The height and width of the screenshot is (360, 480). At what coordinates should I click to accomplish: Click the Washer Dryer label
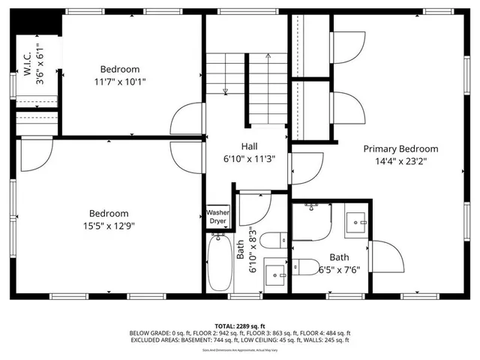click(217, 217)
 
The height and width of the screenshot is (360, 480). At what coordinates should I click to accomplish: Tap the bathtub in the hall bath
click(220, 262)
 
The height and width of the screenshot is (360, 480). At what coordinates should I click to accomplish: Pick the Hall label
click(250, 147)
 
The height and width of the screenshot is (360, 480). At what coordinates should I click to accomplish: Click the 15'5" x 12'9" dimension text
click(109, 225)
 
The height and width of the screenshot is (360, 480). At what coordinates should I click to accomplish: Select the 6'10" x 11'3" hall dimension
click(250, 159)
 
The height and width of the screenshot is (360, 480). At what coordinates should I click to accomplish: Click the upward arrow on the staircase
click(268, 57)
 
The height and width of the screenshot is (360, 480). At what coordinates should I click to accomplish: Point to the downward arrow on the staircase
click(225, 90)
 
